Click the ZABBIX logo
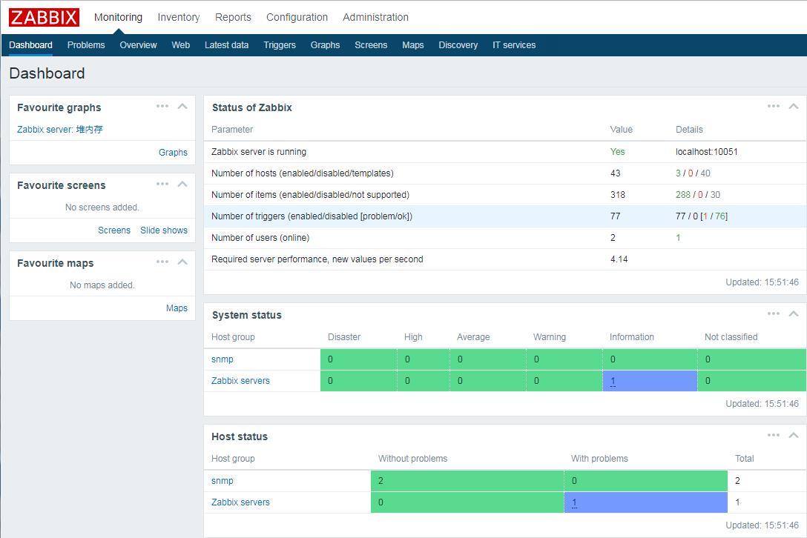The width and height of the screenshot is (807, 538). [44, 17]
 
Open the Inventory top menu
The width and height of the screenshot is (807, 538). [178, 17]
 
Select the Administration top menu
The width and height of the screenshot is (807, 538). [375, 17]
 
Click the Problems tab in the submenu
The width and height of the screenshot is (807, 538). [86, 45]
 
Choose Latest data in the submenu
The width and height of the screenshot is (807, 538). [226, 45]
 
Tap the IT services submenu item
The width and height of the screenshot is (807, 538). [514, 45]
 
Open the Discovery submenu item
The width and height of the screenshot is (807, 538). [458, 45]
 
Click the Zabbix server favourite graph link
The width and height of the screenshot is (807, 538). [60, 130]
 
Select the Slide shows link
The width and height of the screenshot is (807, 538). [164, 230]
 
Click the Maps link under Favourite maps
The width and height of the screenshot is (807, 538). [177, 308]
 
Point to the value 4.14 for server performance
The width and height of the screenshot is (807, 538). [619, 259]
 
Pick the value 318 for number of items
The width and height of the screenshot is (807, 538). [617, 195]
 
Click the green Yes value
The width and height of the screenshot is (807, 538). [617, 152]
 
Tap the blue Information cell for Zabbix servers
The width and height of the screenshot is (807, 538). [649, 381]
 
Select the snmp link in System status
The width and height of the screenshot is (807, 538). [223, 359]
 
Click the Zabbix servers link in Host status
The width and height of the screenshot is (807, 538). [240, 502]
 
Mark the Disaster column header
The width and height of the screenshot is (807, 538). [344, 337]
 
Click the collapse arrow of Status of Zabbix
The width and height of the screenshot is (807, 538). [794, 107]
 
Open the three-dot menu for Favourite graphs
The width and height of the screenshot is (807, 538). [162, 107]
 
